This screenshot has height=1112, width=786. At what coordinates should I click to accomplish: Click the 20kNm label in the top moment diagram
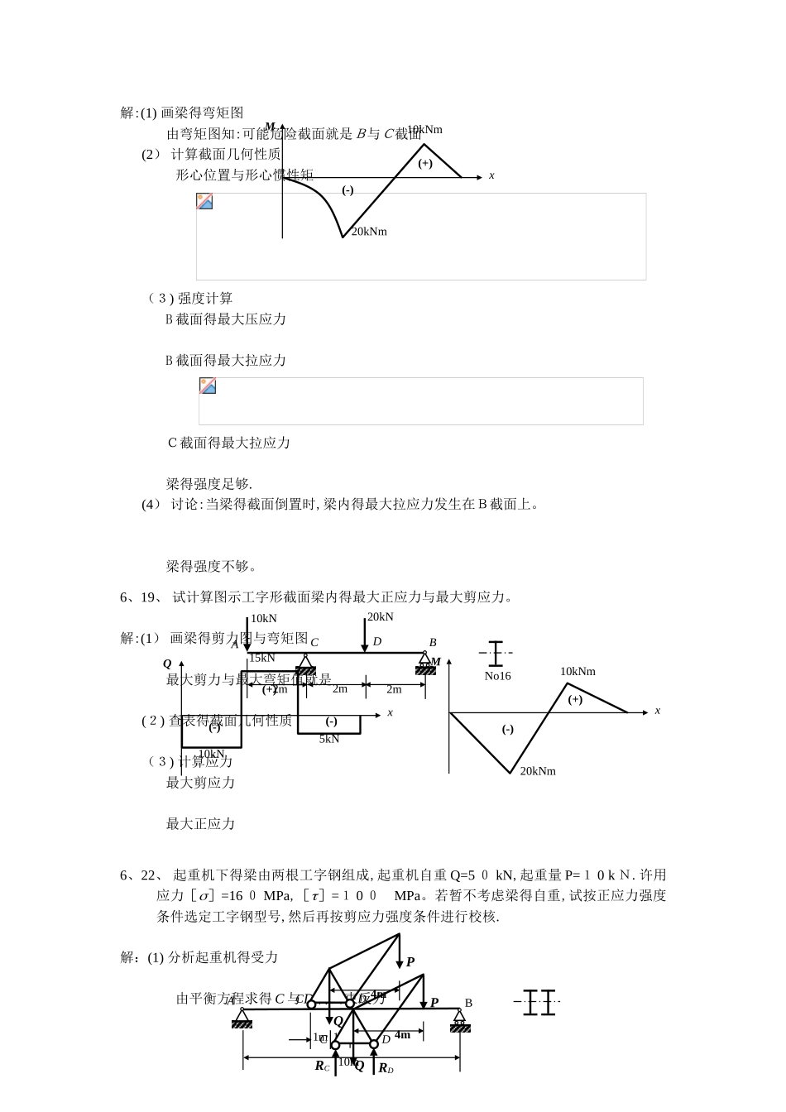tap(369, 232)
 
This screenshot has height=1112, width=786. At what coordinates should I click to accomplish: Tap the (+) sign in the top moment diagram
tap(425, 163)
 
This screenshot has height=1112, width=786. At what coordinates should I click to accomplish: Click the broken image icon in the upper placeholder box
tap(204, 201)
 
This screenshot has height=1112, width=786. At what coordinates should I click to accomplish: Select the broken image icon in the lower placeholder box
tap(208, 386)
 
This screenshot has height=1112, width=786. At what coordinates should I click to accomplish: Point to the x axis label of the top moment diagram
tap(491, 175)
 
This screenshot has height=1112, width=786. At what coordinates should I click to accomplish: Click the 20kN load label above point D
tap(381, 617)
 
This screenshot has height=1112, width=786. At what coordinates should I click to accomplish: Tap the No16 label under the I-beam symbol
tap(498, 676)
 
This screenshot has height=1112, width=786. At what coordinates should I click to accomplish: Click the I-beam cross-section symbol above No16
tap(495, 654)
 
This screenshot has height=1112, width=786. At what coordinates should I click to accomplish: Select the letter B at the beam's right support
tap(433, 642)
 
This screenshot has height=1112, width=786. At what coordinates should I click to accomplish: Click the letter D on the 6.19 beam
tap(377, 641)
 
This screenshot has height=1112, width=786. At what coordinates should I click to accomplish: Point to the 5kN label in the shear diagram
tap(329, 739)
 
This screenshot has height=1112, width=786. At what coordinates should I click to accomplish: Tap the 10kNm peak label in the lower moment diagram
tap(578, 672)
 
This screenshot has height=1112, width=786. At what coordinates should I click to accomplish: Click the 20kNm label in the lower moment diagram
tap(538, 771)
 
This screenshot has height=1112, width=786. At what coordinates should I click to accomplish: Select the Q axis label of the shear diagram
tap(167, 664)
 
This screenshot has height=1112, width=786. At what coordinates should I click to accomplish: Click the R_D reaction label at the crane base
tap(386, 1069)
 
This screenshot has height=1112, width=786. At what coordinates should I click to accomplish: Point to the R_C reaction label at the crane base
tap(322, 1066)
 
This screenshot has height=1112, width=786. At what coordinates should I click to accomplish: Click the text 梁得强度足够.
tap(209, 484)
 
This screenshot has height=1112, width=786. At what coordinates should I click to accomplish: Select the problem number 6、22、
tap(140, 875)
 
